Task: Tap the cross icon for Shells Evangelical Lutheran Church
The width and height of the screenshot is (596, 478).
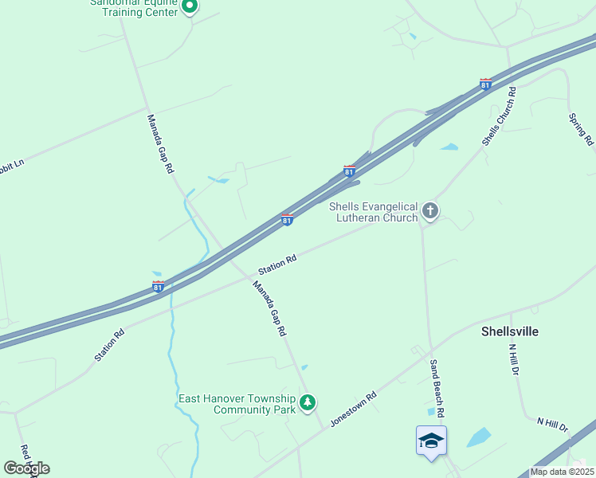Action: point(430,211)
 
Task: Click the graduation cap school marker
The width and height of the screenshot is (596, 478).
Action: point(431,441)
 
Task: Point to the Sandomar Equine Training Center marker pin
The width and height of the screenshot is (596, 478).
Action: point(190,7)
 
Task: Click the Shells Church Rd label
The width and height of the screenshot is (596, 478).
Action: point(500,115)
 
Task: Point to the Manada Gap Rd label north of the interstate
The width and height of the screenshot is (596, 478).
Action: point(160,144)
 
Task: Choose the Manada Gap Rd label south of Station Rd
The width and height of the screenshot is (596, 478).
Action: point(269,308)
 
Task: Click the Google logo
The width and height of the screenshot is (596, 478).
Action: point(26,468)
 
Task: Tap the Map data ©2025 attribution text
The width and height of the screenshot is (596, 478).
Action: point(562,472)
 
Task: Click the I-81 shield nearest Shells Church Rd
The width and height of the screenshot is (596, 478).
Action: point(485,84)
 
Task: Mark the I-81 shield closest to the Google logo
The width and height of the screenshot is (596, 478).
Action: point(159,286)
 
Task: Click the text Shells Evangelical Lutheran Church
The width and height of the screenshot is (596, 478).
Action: point(374,212)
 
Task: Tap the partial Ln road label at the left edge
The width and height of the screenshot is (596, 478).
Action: point(13,164)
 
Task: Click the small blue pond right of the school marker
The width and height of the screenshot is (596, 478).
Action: point(478,437)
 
